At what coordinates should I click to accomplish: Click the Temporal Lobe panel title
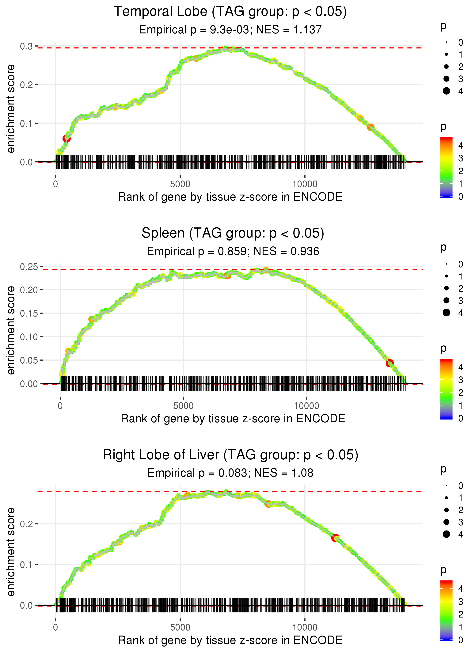pos(230,12)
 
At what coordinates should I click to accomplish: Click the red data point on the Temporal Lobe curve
pos(66,138)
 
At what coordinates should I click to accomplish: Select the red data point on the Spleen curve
pos(389,363)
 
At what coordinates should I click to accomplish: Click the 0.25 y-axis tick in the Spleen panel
pos(29,267)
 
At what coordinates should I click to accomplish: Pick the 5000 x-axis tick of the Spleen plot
pos(183,406)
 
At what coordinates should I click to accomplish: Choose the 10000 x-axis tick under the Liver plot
pos(305,627)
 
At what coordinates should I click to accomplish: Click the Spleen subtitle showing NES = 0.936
pos(233,252)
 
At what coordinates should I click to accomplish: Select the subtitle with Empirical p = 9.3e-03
pos(230,30)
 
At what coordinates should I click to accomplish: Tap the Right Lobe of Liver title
pos(230,455)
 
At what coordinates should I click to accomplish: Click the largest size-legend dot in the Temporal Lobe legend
pos(446,91)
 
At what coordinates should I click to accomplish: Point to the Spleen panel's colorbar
pos(446,389)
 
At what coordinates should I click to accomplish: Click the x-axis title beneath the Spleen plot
pos(233,419)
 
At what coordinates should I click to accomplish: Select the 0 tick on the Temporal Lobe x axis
pos(55,184)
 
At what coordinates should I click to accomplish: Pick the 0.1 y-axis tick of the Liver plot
pos(26,565)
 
